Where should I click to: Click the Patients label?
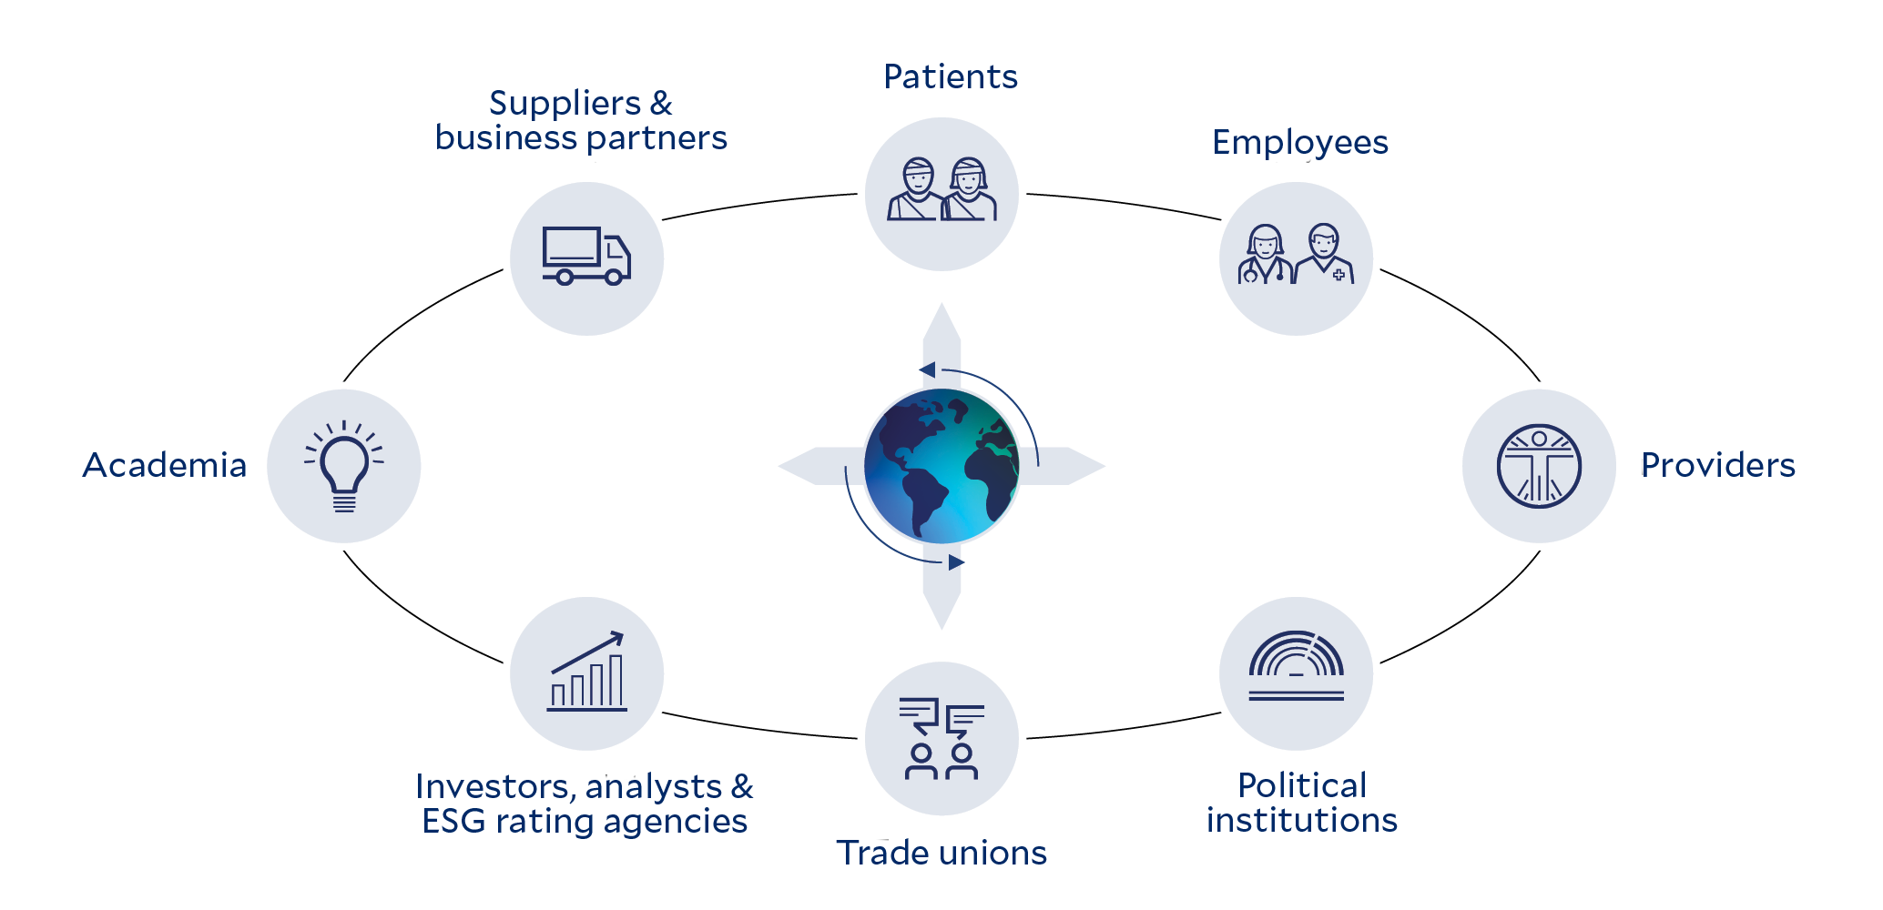(x=951, y=77)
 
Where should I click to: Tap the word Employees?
(x=1300, y=143)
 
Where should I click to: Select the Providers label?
(x=1717, y=466)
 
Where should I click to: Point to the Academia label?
(x=165, y=466)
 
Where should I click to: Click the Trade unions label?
(x=941, y=854)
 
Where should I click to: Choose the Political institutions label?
(x=1302, y=803)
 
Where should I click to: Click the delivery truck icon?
(x=586, y=257)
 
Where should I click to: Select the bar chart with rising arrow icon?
(x=587, y=672)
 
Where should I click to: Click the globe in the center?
(x=941, y=466)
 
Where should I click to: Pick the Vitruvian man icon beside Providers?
(x=1539, y=466)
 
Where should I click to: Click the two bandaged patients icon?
(x=941, y=191)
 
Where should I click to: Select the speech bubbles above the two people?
(x=941, y=715)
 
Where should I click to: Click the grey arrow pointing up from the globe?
(x=941, y=332)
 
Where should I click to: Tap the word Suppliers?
(x=565, y=105)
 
